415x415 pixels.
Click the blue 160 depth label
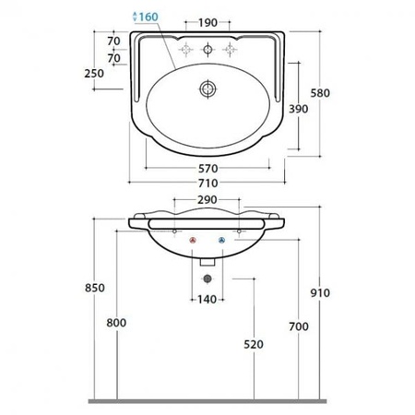(x=148, y=17)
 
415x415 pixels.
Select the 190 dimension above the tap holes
(x=207, y=22)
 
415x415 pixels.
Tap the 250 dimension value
(x=94, y=73)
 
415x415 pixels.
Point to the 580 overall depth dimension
(x=320, y=93)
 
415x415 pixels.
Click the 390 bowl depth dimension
(x=298, y=109)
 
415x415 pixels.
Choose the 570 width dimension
(x=208, y=169)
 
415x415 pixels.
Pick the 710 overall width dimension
(x=208, y=184)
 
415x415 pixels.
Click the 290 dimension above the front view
(x=207, y=200)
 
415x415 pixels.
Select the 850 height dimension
(x=95, y=288)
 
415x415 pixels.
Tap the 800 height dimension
(x=116, y=323)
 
